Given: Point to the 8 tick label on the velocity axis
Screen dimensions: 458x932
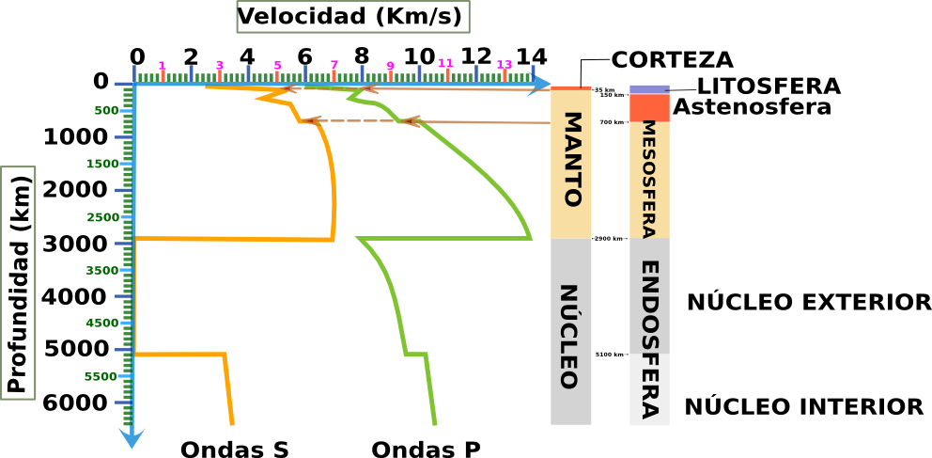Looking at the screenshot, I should pyautogui.click(x=362, y=55).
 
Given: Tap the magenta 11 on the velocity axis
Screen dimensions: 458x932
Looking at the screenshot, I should pyautogui.click(x=446, y=63).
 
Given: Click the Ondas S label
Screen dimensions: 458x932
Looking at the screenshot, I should pyautogui.click(x=234, y=450).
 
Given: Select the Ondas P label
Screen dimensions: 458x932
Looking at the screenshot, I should pyautogui.click(x=426, y=450).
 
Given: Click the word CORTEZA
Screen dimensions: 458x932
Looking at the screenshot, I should pyautogui.click(x=672, y=60).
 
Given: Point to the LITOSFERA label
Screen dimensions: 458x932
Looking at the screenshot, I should pyautogui.click(x=769, y=87).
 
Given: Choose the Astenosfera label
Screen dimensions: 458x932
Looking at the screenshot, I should pyautogui.click(x=752, y=107).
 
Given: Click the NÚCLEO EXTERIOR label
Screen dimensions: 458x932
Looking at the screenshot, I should pyautogui.click(x=808, y=303).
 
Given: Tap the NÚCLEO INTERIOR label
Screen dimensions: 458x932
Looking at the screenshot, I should pyautogui.click(x=803, y=407).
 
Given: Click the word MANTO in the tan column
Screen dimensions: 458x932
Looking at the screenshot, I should pyautogui.click(x=570, y=160).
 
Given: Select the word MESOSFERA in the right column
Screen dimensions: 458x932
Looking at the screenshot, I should pyautogui.click(x=649, y=180).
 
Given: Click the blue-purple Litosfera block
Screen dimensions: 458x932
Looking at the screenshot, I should pyautogui.click(x=649, y=88).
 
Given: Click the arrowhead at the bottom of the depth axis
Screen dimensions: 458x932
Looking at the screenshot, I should pyautogui.click(x=132, y=437).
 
